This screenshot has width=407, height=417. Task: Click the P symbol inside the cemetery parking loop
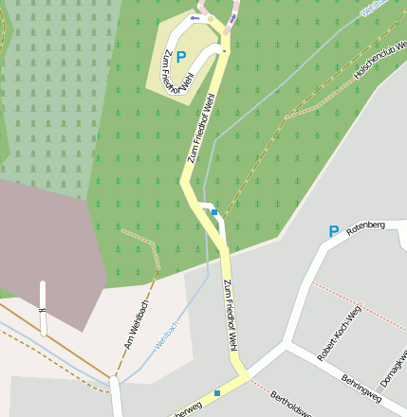[x=180, y=57]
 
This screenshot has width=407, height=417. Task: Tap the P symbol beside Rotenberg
[x=333, y=230]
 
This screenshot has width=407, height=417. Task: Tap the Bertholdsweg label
[x=293, y=404]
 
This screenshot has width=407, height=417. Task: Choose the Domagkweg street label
[x=394, y=364]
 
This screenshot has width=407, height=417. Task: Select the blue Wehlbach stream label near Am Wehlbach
[x=167, y=335]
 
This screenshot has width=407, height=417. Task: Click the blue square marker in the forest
[x=215, y=212]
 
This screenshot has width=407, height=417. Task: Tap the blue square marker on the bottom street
[x=217, y=392]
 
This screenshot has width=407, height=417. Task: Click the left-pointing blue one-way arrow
[x=196, y=18]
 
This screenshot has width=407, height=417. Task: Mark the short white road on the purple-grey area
[x=43, y=308]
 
